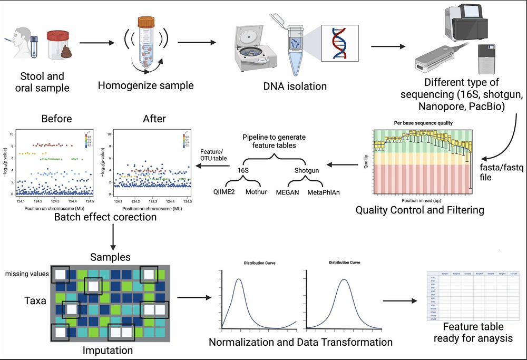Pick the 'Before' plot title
(56, 119)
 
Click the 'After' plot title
(154, 119)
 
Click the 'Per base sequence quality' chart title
(423, 123)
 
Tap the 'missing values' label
(27, 274)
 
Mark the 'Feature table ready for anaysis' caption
(473, 332)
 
